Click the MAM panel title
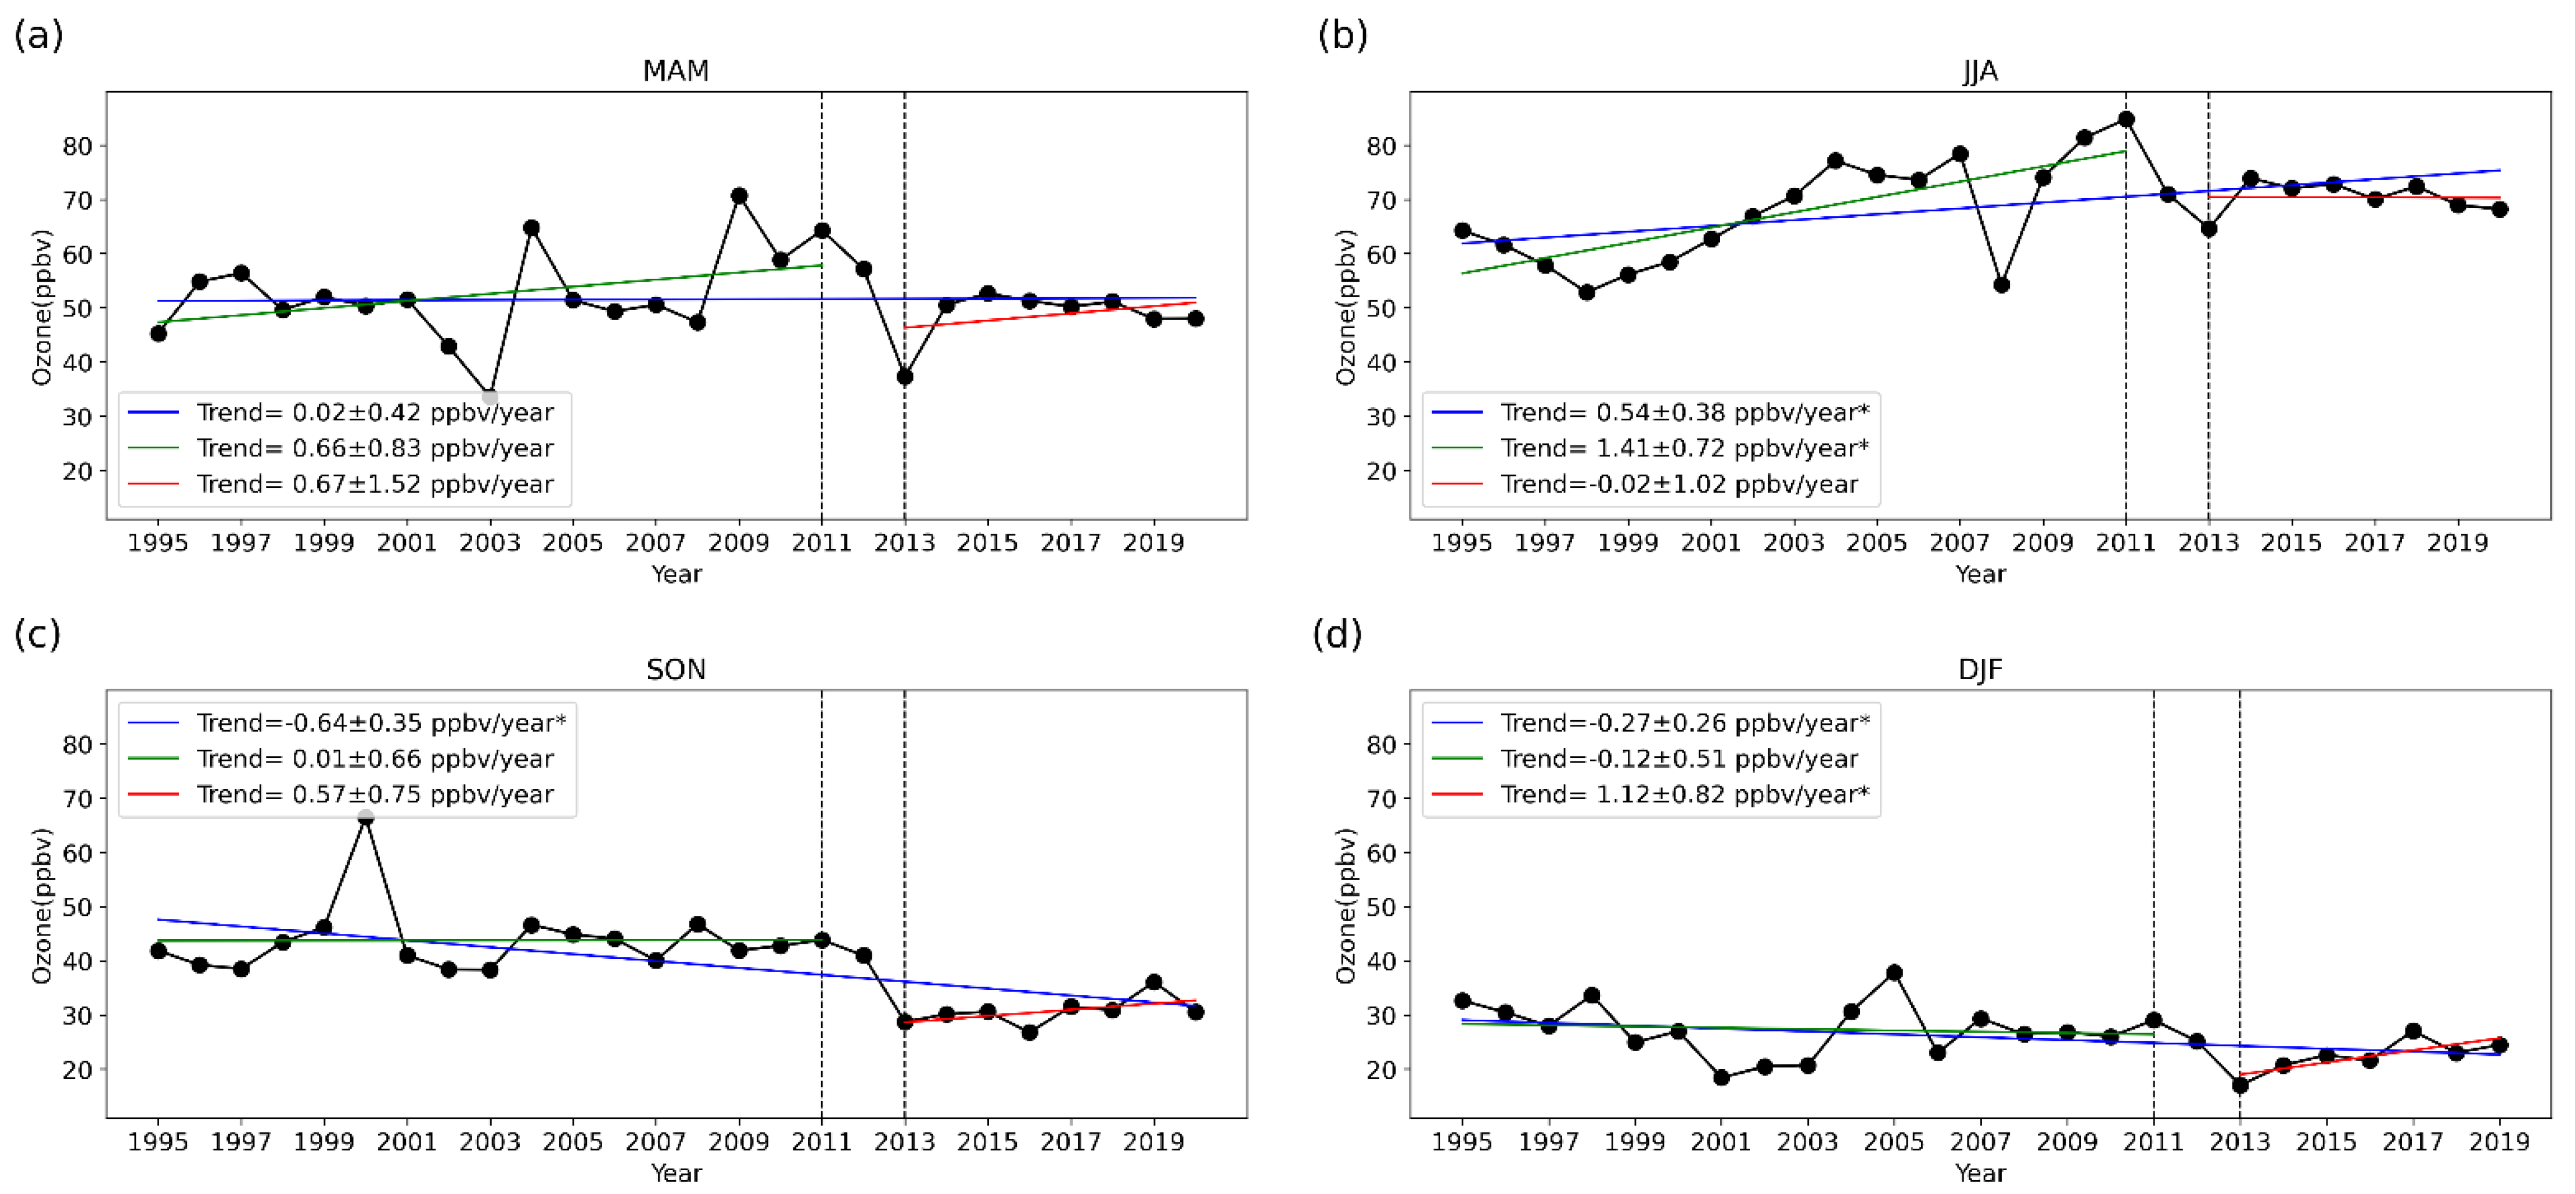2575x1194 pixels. (676, 71)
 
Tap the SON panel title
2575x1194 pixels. (676, 669)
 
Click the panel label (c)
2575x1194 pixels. (37, 634)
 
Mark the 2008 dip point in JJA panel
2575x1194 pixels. (2001, 285)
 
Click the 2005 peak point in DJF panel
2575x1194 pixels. (1893, 973)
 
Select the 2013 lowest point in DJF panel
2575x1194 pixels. (2240, 1085)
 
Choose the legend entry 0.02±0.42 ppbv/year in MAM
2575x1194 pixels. (374, 412)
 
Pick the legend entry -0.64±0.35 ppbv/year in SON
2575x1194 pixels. (380, 722)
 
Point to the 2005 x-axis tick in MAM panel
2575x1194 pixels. (573, 543)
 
